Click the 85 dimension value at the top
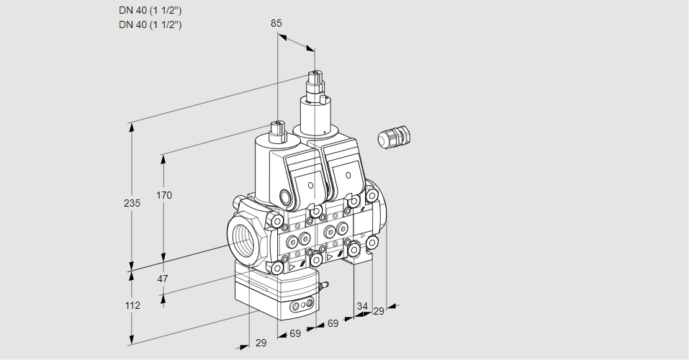click(276, 23)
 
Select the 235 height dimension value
click(132, 204)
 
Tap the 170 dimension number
click(165, 195)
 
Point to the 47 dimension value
click(163, 279)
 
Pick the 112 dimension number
click(132, 305)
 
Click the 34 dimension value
click(362, 307)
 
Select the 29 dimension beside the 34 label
click(379, 311)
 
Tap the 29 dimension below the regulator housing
click(261, 343)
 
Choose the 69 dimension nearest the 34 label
click(333, 324)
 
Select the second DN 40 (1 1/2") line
click(150, 24)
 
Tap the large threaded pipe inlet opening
click(243, 237)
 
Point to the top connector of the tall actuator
click(315, 76)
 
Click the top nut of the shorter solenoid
click(278, 130)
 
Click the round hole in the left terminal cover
click(310, 185)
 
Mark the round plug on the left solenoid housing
click(286, 197)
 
